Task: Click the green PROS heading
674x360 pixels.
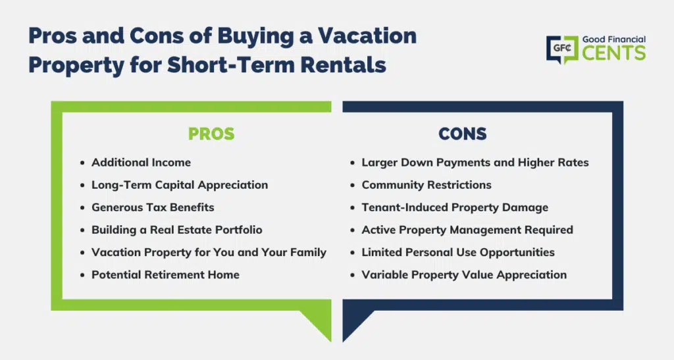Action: pyautogui.click(x=211, y=134)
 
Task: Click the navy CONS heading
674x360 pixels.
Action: pyautogui.click(x=463, y=134)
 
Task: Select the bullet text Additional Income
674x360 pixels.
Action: pyautogui.click(x=141, y=163)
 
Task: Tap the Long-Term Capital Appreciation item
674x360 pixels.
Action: pyautogui.click(x=180, y=185)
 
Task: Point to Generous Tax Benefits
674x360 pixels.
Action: pyautogui.click(x=153, y=207)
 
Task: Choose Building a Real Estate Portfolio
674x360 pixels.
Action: pyautogui.click(x=176, y=230)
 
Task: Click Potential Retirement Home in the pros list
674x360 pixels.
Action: pyautogui.click(x=165, y=274)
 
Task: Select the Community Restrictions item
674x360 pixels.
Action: pyautogui.click(x=427, y=185)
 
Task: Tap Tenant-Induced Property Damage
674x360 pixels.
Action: pyautogui.click(x=455, y=207)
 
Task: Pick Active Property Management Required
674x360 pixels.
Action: pyautogui.click(x=467, y=230)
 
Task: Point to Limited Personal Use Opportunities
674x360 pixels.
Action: pyautogui.click(x=458, y=252)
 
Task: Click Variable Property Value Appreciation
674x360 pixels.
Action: pyautogui.click(x=464, y=274)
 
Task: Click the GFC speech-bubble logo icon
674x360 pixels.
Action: pyautogui.click(x=562, y=49)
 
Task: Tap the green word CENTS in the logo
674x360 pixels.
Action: pyautogui.click(x=614, y=53)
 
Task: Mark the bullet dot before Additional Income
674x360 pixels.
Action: pyautogui.click(x=82, y=163)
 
